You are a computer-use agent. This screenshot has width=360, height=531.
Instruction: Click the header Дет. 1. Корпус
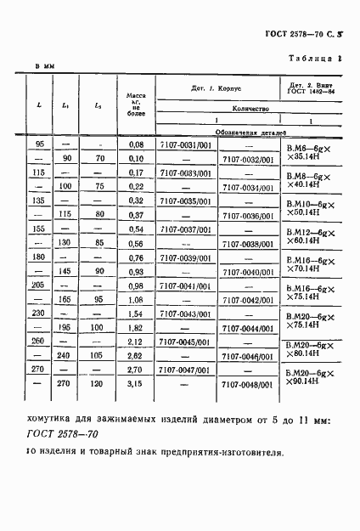[211, 88]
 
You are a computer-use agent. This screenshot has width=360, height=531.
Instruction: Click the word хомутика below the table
[59, 419]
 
